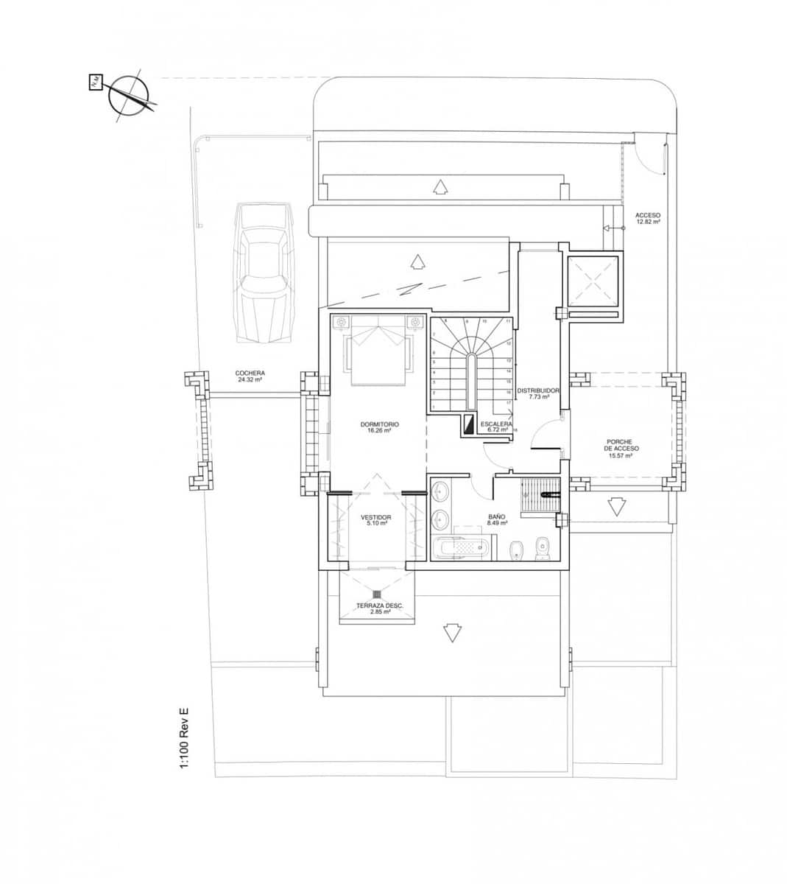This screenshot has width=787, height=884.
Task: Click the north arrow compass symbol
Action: [130, 96]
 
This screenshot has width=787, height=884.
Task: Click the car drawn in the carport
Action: [264, 272]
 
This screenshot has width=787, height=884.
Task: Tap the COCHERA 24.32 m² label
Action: [251, 376]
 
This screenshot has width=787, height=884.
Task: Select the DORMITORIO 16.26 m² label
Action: [379, 427]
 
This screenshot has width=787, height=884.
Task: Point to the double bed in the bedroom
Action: [378, 349]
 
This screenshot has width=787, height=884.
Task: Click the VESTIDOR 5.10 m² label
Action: [375, 521]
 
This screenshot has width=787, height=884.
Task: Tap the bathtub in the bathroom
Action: [460, 548]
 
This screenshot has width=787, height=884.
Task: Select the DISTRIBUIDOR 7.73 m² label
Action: [539, 393]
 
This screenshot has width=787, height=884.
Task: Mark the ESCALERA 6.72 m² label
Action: [497, 427]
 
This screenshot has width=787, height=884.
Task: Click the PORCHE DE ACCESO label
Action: [622, 448]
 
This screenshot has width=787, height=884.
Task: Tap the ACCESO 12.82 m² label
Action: [648, 218]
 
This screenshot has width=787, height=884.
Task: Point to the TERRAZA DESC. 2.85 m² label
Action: [379, 608]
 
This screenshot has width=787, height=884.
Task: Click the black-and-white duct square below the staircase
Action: [469, 425]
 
